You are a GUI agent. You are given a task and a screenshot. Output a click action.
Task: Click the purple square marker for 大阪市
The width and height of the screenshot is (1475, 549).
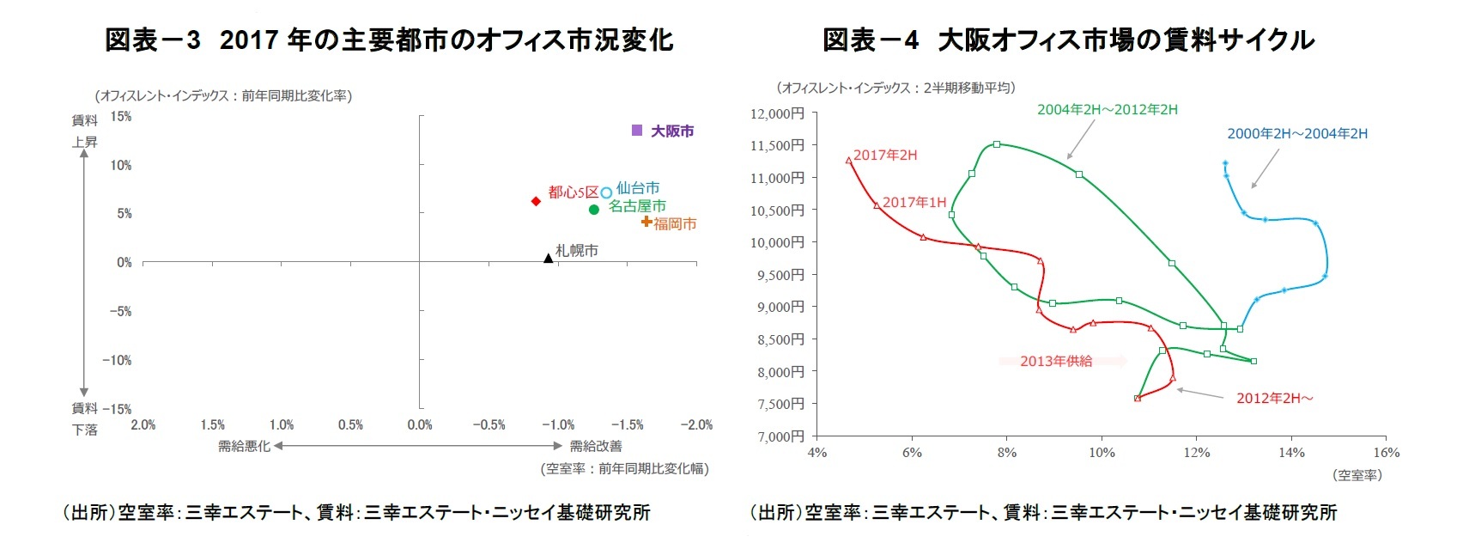pyautogui.click(x=637, y=130)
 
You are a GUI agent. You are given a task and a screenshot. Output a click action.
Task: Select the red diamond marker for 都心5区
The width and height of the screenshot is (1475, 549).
pyautogui.click(x=536, y=201)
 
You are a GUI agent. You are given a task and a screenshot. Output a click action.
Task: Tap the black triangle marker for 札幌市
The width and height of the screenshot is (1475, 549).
pyautogui.click(x=549, y=257)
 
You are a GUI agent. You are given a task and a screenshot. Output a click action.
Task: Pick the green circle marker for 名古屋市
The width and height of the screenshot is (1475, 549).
pyautogui.click(x=593, y=210)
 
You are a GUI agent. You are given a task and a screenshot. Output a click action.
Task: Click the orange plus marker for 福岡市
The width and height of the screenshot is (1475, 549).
pyautogui.click(x=646, y=222)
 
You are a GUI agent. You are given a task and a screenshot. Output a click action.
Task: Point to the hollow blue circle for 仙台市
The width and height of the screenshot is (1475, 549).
pyautogui.click(x=606, y=192)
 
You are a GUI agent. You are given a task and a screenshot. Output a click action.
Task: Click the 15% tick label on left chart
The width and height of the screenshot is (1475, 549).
pyautogui.click(x=121, y=116)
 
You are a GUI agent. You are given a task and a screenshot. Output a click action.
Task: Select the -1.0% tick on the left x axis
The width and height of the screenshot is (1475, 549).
pyautogui.click(x=558, y=424)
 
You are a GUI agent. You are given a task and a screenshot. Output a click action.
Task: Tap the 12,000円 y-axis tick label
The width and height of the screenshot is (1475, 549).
pyautogui.click(x=777, y=113)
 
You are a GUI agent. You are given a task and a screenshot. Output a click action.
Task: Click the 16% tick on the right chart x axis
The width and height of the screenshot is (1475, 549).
pyautogui.click(x=1386, y=453)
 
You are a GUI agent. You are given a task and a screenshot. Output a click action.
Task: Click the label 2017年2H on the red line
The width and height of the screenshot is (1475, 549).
pyautogui.click(x=885, y=155)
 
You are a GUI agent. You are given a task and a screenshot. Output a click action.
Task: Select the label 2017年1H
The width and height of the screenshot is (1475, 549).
pyautogui.click(x=914, y=202)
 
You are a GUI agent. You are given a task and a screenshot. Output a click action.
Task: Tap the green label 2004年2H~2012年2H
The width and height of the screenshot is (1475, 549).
pyautogui.click(x=1107, y=109)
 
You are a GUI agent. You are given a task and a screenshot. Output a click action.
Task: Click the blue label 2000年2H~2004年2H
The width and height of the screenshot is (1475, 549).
pyautogui.click(x=1296, y=133)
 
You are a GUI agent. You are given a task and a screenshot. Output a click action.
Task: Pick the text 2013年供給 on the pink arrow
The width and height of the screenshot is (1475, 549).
pyautogui.click(x=1056, y=361)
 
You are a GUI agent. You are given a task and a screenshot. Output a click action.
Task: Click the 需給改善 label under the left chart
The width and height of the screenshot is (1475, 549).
pyautogui.click(x=596, y=446)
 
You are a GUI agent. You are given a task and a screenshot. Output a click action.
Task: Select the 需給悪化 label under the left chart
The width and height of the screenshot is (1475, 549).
pyautogui.click(x=244, y=446)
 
